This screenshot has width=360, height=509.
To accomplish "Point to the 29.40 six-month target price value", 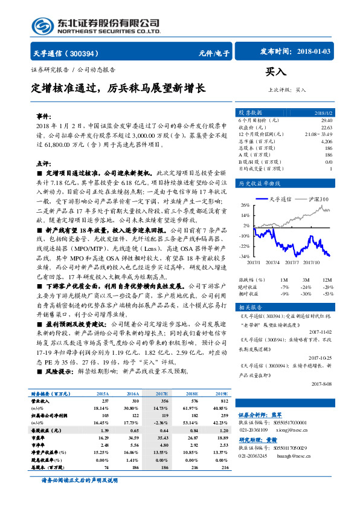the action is [326, 121].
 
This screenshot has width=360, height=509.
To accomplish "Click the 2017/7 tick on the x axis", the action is [292, 262].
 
